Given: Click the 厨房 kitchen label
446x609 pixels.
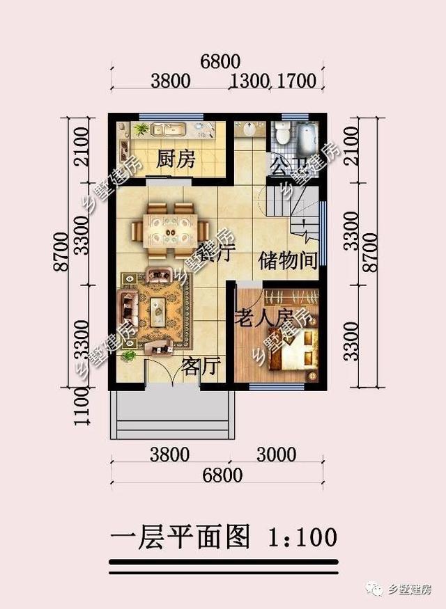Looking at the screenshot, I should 175,160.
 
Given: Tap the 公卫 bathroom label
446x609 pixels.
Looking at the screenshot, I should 288,166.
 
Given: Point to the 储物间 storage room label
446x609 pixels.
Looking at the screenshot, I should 288,260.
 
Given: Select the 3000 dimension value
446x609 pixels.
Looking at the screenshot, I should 276,455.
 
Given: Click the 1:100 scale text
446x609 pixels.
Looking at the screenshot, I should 302,537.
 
